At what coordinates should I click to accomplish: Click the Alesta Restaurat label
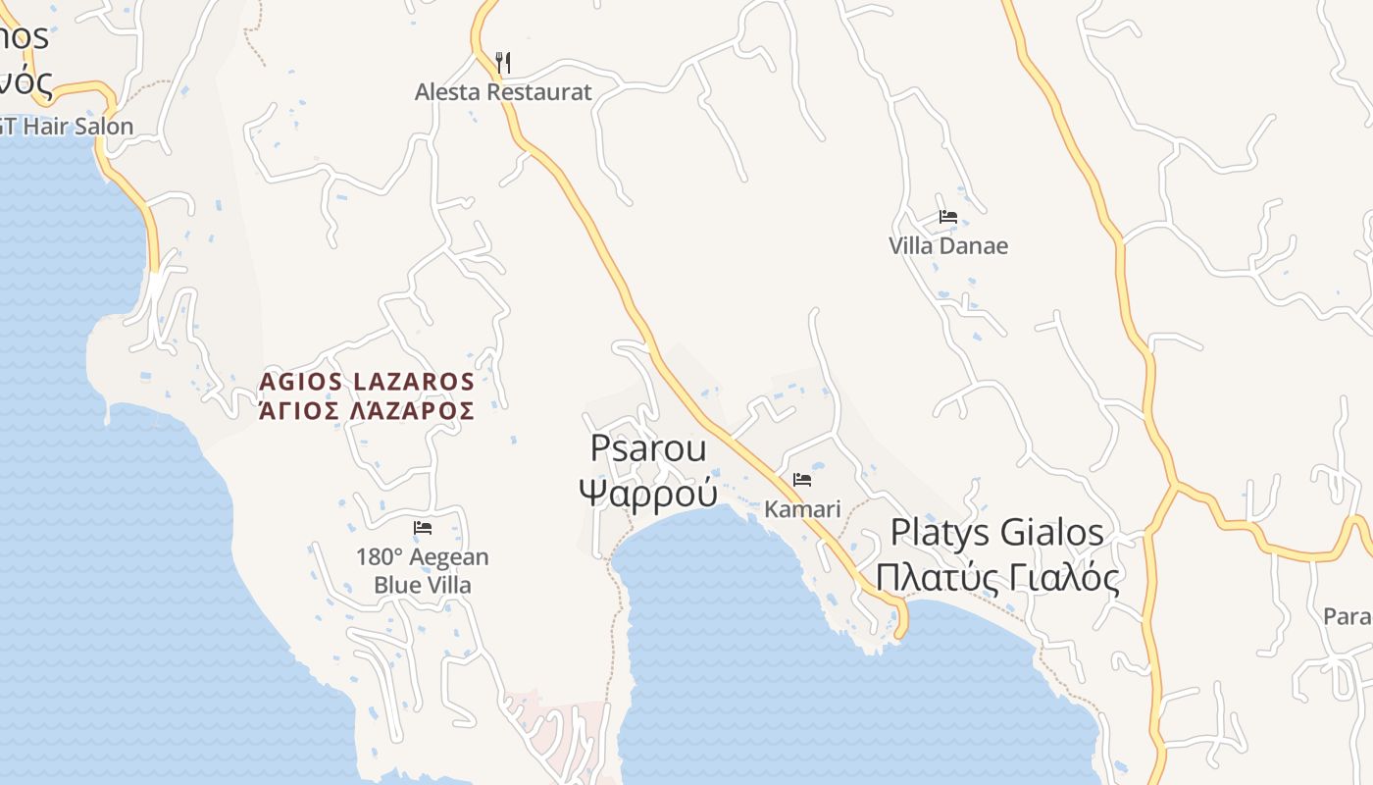[x=503, y=92]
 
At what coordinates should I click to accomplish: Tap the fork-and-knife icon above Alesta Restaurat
[x=503, y=63]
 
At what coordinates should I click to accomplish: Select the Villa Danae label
[x=947, y=245]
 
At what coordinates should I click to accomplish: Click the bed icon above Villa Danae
[x=947, y=217]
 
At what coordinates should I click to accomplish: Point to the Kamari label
[x=802, y=509]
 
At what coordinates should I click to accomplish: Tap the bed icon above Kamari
[x=802, y=480]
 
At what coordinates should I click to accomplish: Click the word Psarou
[x=647, y=448]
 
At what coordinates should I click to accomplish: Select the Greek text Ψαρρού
[x=647, y=491]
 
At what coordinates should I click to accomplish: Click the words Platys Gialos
[x=996, y=533]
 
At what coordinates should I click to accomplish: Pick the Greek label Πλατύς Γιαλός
[x=996, y=578]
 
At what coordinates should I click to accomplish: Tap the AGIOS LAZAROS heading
[x=367, y=381]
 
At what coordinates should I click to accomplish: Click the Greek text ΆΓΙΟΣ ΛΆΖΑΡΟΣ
[x=367, y=410]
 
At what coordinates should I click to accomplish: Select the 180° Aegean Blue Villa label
[x=422, y=571]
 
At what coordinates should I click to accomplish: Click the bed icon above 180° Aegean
[x=423, y=528]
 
